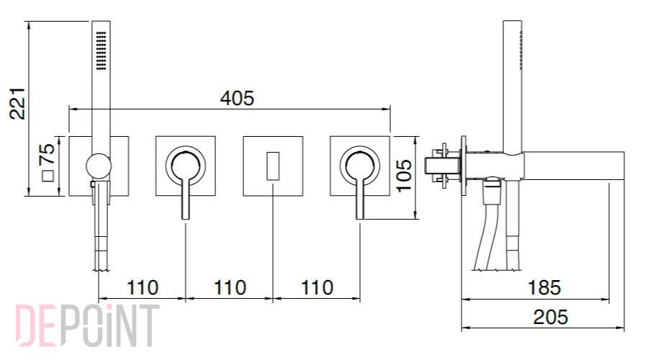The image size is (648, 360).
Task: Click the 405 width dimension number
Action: tap(237, 99)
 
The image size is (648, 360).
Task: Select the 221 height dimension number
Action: tap(18, 104)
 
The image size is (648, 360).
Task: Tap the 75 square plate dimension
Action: tap(48, 154)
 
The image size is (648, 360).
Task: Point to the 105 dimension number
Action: tap(404, 176)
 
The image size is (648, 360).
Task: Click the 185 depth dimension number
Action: tap(544, 288)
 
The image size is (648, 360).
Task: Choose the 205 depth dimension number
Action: tap(550, 318)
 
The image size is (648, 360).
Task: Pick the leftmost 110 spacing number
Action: tap(142, 288)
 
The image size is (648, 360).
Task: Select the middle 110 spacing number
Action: tap(230, 288)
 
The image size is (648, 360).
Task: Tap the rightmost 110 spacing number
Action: tap(317, 288)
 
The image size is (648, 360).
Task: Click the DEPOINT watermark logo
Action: tap(88, 325)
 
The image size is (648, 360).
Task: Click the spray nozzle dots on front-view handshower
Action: tap(102, 50)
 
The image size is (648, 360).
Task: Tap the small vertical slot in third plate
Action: tap(273, 166)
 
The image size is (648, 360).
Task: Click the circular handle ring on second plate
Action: tap(186, 148)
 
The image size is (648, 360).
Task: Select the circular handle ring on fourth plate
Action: tap(360, 148)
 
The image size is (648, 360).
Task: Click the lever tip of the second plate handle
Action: tap(186, 217)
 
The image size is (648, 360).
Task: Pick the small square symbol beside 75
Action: tap(48, 176)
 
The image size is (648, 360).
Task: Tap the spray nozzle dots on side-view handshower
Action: tap(521, 49)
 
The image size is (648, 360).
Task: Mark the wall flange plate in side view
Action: tap(464, 166)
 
